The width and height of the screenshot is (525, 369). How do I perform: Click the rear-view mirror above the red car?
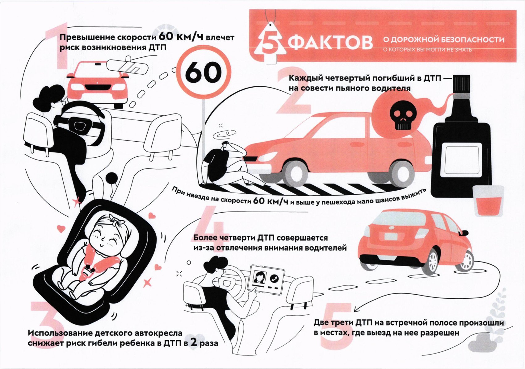point(128,66)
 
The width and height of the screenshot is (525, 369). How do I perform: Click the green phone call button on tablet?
point(274,278)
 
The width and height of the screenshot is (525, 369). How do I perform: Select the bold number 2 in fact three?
point(193,342)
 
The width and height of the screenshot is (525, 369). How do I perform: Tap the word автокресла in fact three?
point(154,333)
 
